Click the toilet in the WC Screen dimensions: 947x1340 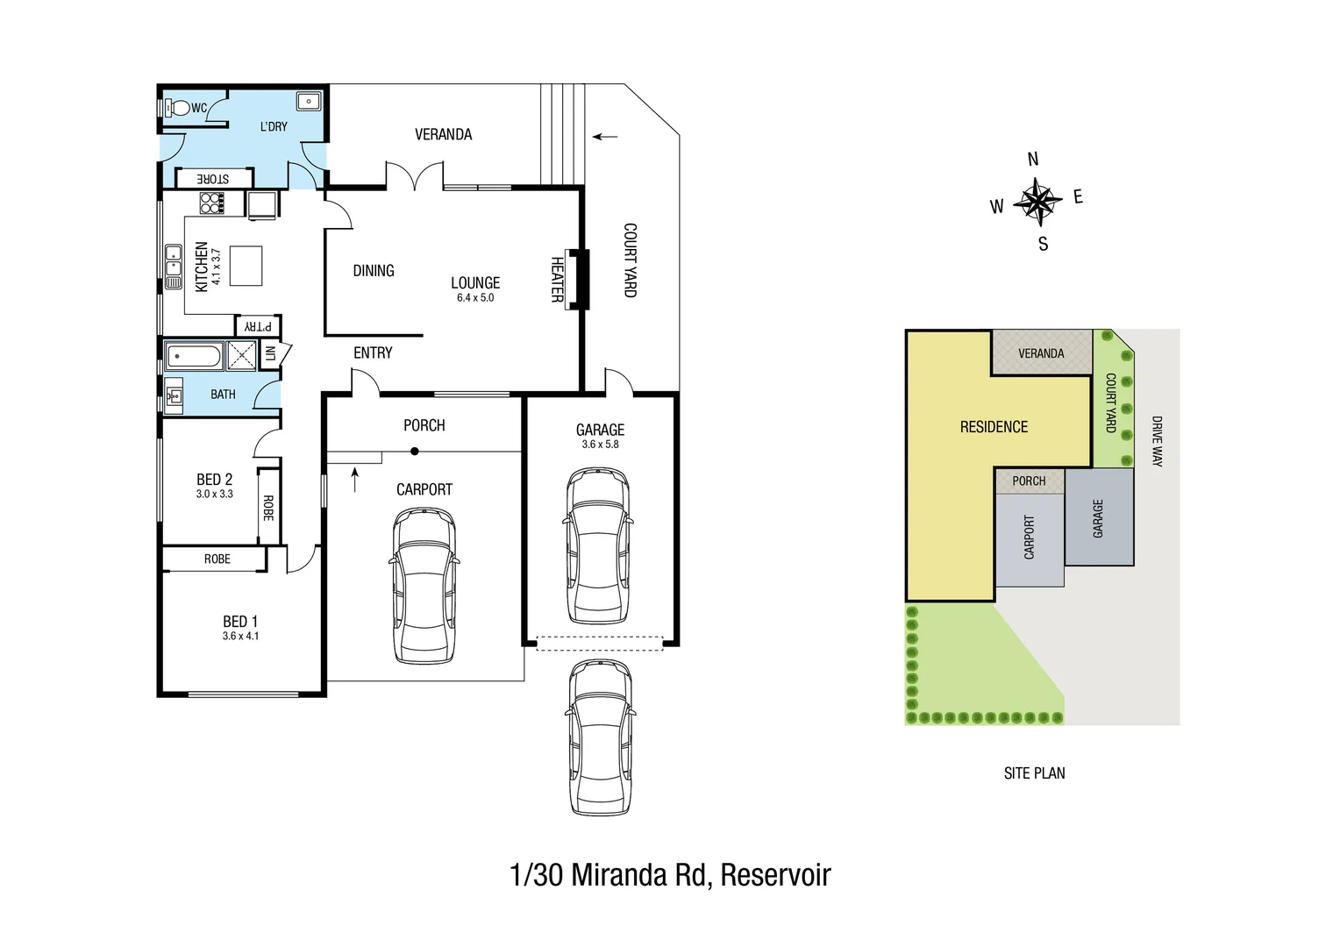coord(178,108)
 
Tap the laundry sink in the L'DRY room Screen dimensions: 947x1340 coord(308,102)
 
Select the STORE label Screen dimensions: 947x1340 coord(213,179)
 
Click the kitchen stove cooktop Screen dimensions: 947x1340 coord(211,203)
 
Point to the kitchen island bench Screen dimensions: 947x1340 coord(246,266)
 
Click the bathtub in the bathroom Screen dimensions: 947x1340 coord(195,357)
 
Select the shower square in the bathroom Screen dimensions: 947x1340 coord(241,356)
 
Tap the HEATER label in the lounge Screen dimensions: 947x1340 coord(557,280)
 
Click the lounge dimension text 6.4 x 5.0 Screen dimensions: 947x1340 coord(475,298)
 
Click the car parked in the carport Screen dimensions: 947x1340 coord(424,586)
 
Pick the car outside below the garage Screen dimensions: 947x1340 coord(601,737)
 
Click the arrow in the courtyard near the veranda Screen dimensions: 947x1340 coord(604,137)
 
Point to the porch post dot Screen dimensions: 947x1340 coord(415,452)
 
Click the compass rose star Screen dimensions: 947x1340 coord(1037,202)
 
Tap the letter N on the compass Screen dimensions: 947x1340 coord(1033,160)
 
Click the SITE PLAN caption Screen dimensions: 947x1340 coord(1035,773)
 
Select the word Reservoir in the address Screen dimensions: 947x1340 coord(775,875)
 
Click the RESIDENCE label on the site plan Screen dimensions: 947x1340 coord(994,427)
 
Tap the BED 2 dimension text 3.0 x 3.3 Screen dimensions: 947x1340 coord(215,495)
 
